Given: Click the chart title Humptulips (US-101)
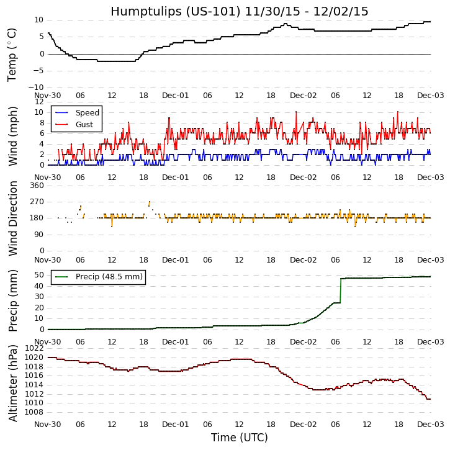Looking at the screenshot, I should coord(239,12).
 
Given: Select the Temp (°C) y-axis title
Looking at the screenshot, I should coord(12,54).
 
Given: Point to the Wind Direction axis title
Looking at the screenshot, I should coord(12,218).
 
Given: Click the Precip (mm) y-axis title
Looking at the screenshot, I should coord(12,300).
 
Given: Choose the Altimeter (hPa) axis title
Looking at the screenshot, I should coord(12,383).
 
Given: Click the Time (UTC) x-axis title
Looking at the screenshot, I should coord(239,438).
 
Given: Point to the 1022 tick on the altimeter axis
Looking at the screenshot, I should coord(34,349).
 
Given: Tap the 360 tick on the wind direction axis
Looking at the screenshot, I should coord(36,186).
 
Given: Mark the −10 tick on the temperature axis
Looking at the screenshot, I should coord(34,88).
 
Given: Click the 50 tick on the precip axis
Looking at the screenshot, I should coord(38,275).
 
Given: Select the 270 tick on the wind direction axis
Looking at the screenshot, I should coord(36,202).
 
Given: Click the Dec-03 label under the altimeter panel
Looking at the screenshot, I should coord(430,425).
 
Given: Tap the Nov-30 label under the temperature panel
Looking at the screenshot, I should coord(48,96).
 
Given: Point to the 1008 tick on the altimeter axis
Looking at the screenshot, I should coord(34,412).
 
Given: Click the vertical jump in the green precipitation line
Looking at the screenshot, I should coord(341,290).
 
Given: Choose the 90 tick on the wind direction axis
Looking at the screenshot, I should coord(38,235).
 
